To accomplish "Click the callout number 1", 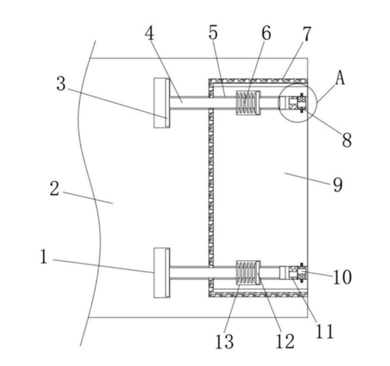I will coord(44,257).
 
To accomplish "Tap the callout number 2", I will coord(55,189).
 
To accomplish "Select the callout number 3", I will coord(61,84).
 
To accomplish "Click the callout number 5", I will coord(213,33).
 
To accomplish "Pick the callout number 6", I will coord(266,33).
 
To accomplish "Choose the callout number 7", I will coord(306,34).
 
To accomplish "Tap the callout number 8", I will coord(346,140).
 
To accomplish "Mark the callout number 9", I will coord(337,185).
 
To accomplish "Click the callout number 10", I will coord(342,277).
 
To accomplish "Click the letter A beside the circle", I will coord(340,78).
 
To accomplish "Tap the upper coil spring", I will coord(248,103).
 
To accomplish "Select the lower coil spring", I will coord(248,272).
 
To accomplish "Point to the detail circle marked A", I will coord(297,103).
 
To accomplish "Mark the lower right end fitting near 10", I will coord(295,272).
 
